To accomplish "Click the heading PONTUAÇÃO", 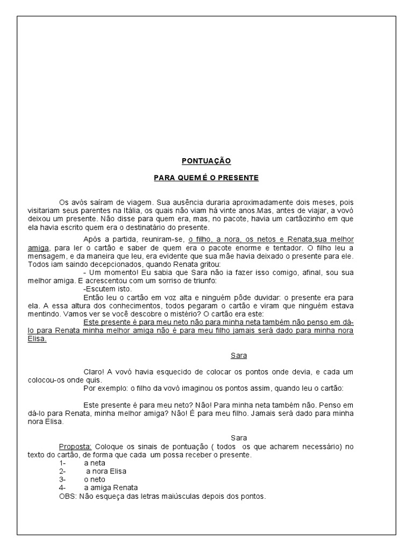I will (206, 160).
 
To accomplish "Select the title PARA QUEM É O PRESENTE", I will (206, 177).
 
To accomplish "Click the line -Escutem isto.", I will (104, 289).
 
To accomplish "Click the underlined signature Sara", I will (239, 356).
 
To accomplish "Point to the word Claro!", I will (95, 372).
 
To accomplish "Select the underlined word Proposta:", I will (76, 447).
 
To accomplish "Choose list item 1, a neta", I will (95, 463).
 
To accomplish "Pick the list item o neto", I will (95, 479).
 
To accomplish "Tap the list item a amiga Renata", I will (111, 488).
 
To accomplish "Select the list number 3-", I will (63, 479).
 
